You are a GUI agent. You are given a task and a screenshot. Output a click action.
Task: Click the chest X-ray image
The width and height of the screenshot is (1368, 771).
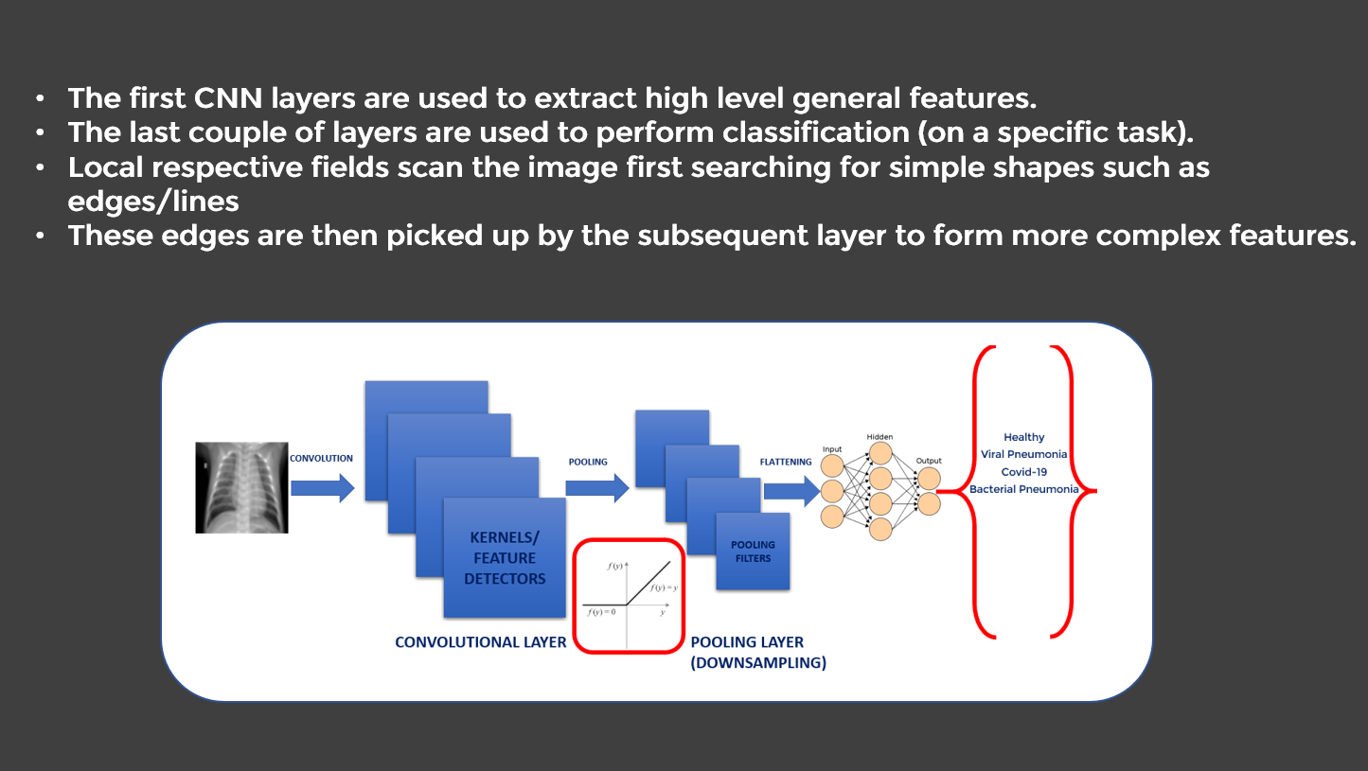(241, 487)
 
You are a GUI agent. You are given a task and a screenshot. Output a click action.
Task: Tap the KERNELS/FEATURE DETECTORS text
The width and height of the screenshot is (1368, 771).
(505, 558)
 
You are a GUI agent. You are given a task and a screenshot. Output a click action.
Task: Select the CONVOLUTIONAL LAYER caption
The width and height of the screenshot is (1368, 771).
(480, 642)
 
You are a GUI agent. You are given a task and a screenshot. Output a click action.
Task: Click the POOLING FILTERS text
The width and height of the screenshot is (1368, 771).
(753, 552)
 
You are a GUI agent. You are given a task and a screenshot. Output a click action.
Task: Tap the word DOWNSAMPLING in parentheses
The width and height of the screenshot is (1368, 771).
(758, 663)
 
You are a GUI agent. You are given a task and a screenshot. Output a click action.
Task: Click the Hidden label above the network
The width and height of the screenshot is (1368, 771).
(879, 437)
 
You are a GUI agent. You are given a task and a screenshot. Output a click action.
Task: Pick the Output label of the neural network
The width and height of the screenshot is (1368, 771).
(929, 461)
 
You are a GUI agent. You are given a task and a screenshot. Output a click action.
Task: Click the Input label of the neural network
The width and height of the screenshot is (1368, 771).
(832, 449)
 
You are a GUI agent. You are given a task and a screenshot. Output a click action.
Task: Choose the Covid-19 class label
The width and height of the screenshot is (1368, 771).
(1023, 471)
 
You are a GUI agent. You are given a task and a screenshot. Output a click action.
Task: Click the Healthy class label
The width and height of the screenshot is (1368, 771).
(1023, 437)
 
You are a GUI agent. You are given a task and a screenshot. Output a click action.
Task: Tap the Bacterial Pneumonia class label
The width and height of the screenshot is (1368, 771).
(1023, 489)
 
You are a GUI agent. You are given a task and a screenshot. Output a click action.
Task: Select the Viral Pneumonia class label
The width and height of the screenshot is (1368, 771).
(1023, 454)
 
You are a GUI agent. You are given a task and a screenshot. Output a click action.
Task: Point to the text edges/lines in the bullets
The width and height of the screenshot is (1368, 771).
(153, 202)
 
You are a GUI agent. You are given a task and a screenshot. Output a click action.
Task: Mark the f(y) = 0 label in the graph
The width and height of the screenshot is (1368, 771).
(603, 612)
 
